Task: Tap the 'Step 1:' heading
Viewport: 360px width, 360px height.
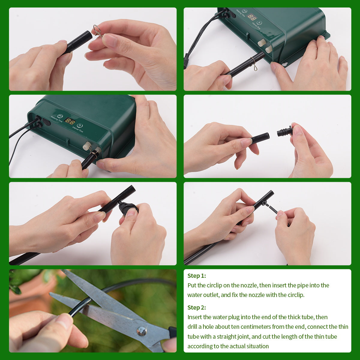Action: point(196,276)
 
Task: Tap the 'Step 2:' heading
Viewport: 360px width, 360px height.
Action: point(196,307)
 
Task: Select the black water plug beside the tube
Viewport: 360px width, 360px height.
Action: point(284,132)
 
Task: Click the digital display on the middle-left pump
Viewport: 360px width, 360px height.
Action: point(70,121)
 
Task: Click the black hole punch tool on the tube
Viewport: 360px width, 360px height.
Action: point(128,208)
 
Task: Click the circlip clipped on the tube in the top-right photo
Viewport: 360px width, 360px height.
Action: point(253,65)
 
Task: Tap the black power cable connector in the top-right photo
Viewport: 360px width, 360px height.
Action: point(186,60)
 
